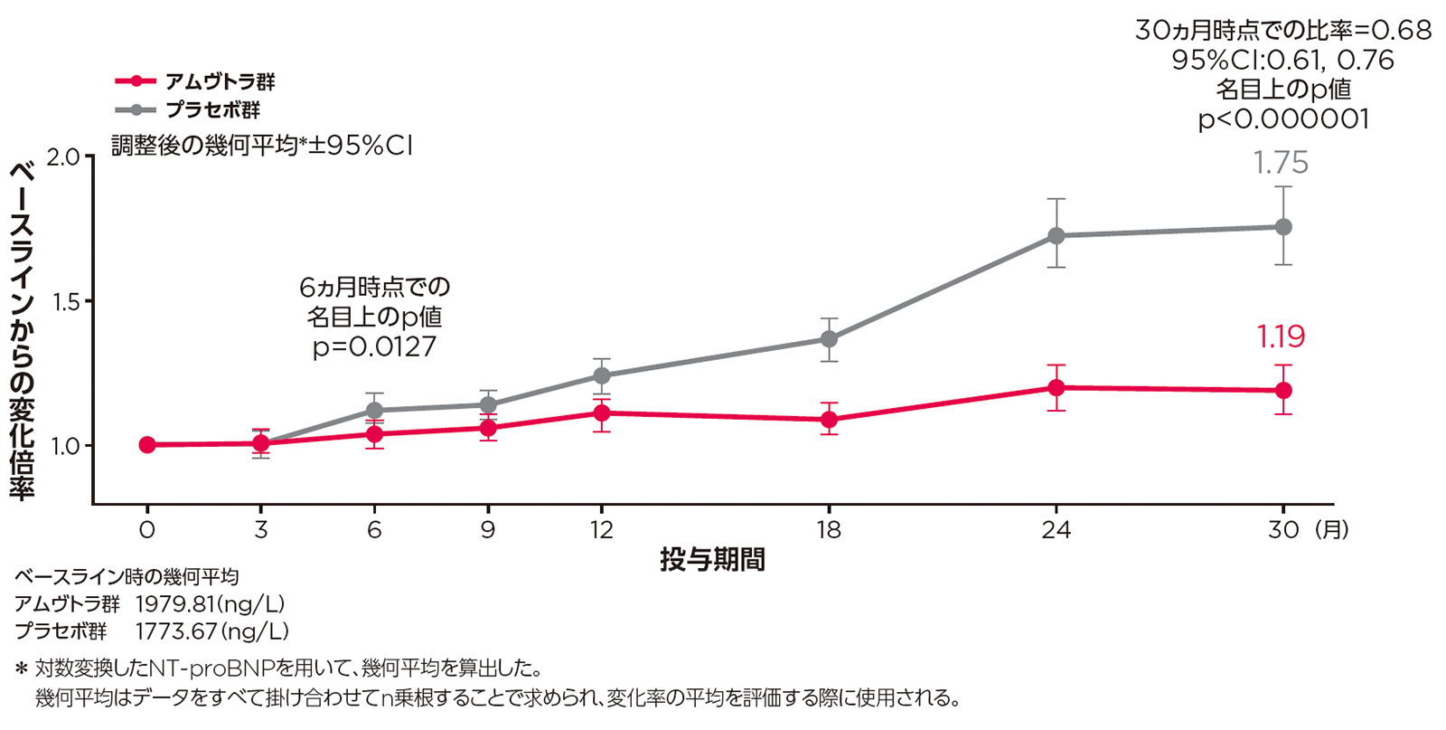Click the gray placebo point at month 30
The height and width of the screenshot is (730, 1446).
click(1282, 227)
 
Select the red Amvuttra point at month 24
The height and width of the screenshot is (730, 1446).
click(1056, 388)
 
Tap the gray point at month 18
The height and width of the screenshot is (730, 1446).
click(829, 339)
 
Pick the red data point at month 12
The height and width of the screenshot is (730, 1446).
click(601, 413)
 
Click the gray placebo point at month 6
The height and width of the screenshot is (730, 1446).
click(374, 410)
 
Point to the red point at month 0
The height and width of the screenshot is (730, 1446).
click(147, 445)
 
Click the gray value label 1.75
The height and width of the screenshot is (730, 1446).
click(1281, 163)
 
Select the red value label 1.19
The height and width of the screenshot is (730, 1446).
click(1281, 337)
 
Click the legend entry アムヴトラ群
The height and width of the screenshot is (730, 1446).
click(220, 81)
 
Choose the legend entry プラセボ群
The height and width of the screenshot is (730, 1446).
click(212, 110)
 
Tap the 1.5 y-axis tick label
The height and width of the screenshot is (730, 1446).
click(66, 302)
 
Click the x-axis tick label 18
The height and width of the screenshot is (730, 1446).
click(829, 529)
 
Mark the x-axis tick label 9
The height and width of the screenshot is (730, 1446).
click(488, 529)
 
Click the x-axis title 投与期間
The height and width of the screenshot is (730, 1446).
click(712, 560)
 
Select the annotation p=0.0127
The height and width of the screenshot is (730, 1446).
click(374, 347)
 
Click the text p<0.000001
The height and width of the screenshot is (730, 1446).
click(1283, 119)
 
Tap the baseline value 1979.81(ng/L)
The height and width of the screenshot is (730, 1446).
click(210, 603)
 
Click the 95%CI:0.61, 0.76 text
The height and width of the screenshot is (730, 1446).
click(1283, 61)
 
